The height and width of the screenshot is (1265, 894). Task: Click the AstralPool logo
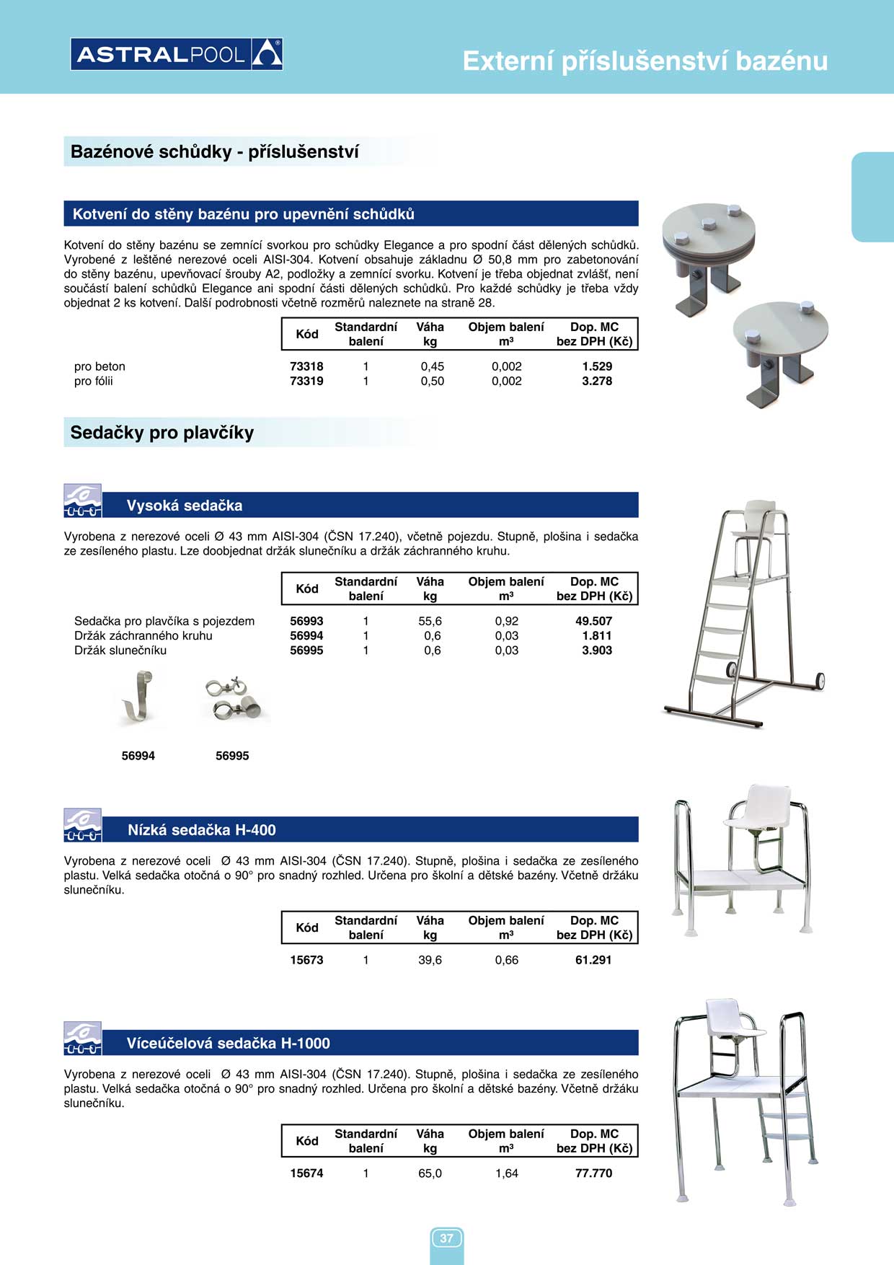pyautogui.click(x=177, y=54)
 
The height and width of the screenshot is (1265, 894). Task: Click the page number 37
pyautogui.click(x=447, y=1238)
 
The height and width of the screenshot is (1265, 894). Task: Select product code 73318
pyautogui.click(x=306, y=366)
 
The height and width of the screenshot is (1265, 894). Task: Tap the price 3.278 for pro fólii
pyautogui.click(x=597, y=381)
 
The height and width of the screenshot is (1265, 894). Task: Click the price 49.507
pyautogui.click(x=593, y=621)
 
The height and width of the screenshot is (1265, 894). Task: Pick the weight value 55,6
pyautogui.click(x=430, y=621)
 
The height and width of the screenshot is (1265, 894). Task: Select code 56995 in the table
pyautogui.click(x=306, y=651)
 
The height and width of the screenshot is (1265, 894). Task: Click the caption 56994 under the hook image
pyautogui.click(x=138, y=756)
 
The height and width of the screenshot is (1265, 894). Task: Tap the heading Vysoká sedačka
pyautogui.click(x=185, y=506)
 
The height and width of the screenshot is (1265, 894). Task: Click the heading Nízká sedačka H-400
pyautogui.click(x=202, y=830)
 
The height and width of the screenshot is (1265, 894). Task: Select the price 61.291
pyautogui.click(x=593, y=960)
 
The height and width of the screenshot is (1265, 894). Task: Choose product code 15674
pyautogui.click(x=306, y=1173)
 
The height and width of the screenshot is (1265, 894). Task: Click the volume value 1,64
pyautogui.click(x=507, y=1173)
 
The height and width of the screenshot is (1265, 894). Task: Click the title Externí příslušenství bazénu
pyautogui.click(x=645, y=61)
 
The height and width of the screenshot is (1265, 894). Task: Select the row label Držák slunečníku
pyautogui.click(x=120, y=651)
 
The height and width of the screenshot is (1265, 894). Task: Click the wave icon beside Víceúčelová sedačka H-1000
pyautogui.click(x=82, y=1039)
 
